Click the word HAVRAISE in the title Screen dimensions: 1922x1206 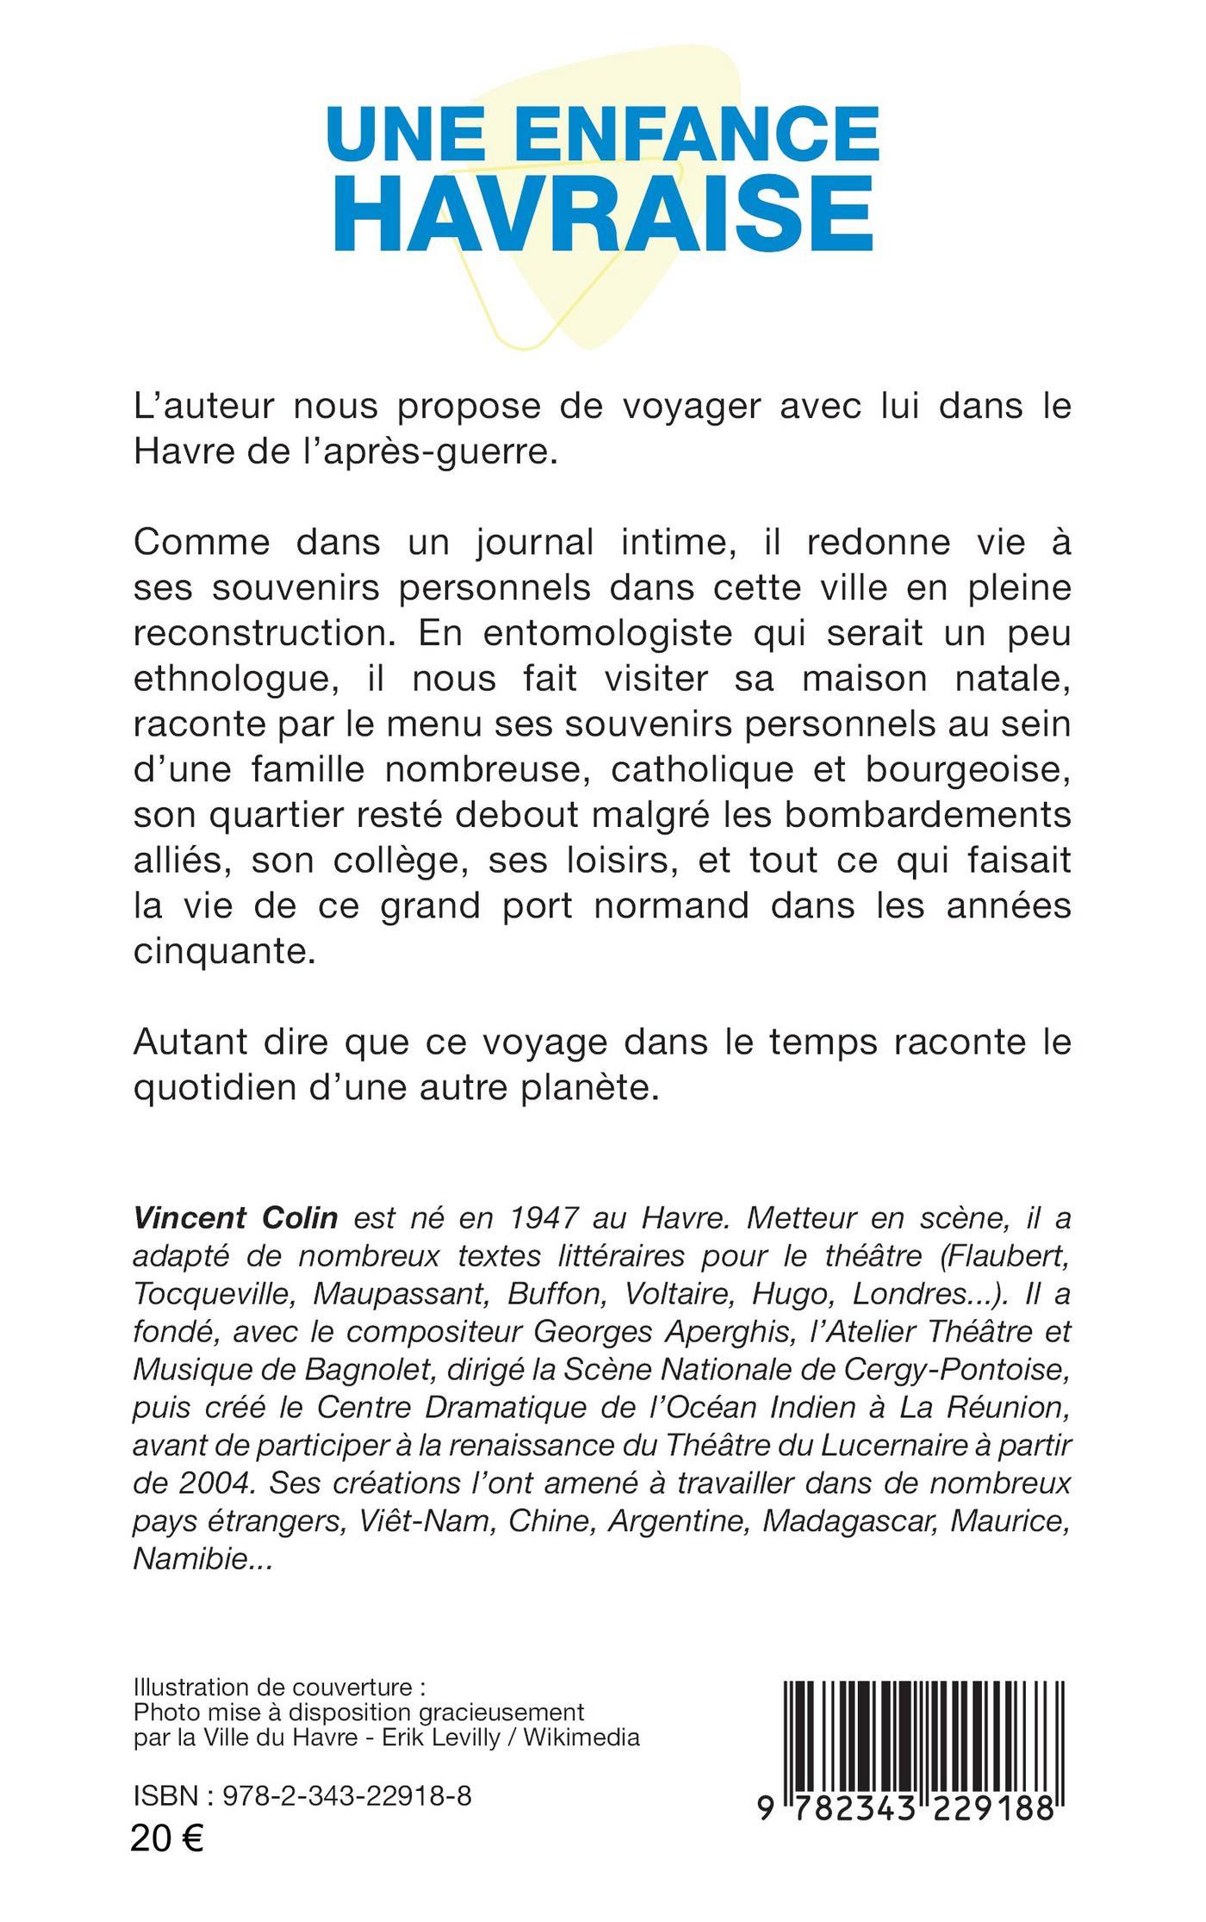(x=603, y=213)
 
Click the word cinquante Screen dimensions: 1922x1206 (x=219, y=951)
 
